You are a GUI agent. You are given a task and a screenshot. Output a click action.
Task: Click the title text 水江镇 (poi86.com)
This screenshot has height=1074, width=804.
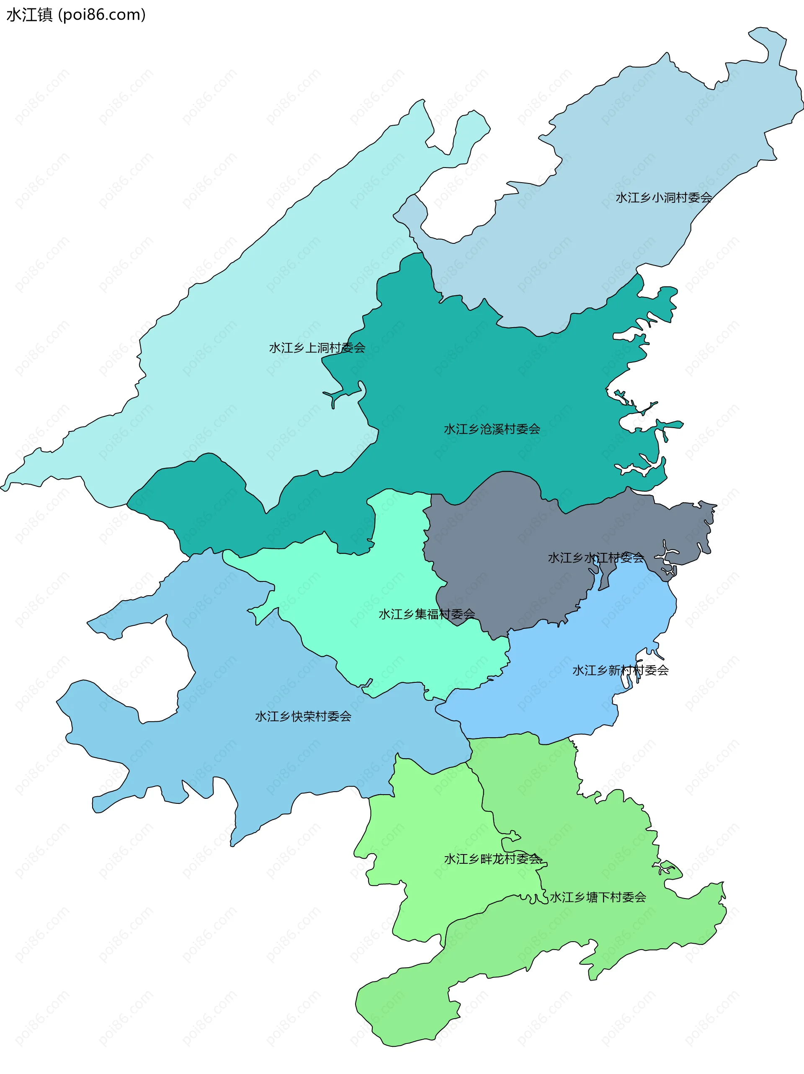click(x=76, y=15)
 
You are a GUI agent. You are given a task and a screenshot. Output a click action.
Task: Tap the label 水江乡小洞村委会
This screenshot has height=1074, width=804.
click(x=663, y=198)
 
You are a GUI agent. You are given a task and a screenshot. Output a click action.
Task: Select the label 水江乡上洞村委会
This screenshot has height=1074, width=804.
click(x=317, y=348)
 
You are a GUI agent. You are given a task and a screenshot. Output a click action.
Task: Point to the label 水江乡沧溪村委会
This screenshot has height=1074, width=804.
click(x=492, y=429)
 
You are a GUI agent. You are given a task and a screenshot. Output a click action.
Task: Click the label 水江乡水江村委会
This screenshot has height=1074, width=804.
click(x=596, y=558)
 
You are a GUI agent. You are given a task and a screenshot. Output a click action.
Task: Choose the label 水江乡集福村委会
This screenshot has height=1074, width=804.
click(x=427, y=614)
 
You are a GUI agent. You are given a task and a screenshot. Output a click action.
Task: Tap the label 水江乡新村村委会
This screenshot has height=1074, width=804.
click(x=621, y=671)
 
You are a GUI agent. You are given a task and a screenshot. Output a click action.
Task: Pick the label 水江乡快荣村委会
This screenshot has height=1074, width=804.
click(x=303, y=717)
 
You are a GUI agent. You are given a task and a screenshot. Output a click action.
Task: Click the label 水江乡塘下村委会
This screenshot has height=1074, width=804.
click(x=598, y=897)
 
